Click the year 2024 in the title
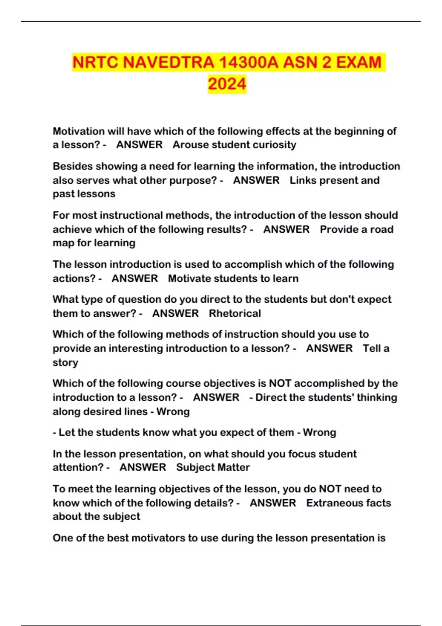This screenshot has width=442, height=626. tap(227, 84)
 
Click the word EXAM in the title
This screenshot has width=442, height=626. tap(359, 62)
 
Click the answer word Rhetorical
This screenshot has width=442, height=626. tap(235, 313)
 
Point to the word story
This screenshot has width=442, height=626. tap(65, 363)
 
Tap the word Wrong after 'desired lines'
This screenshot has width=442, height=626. tap(173, 411)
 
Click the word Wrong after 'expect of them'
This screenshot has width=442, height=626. tap(319, 432)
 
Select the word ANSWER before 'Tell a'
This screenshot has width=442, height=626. tap(329, 348)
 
